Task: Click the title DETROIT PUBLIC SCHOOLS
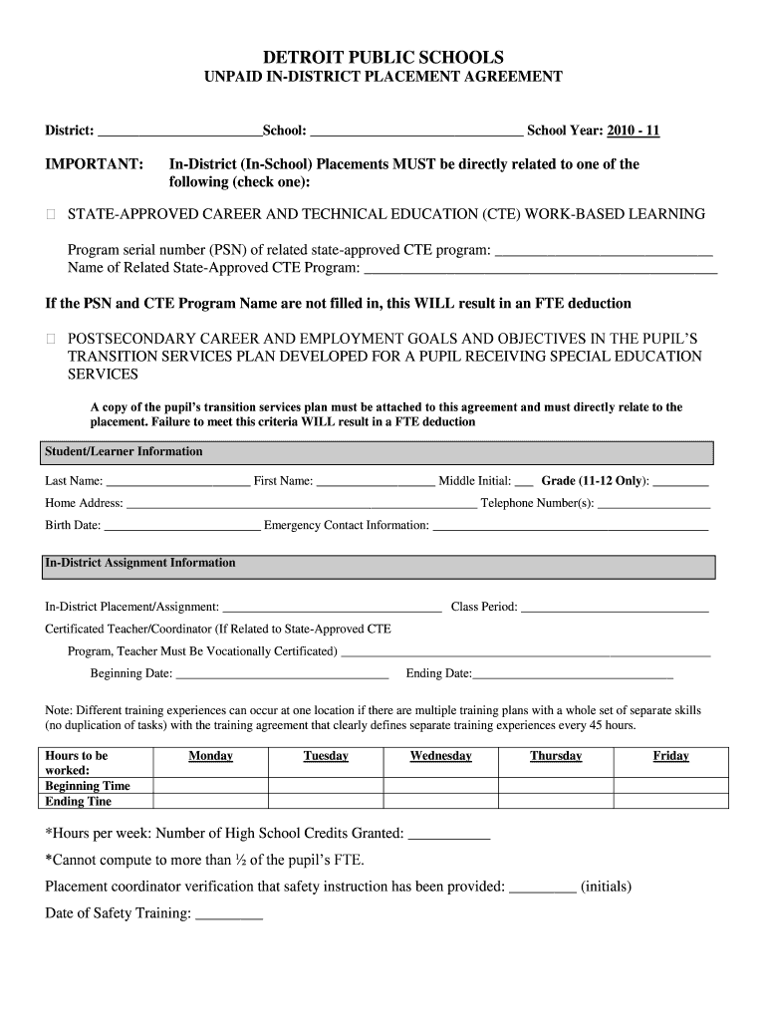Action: (x=383, y=58)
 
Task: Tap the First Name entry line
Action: (x=376, y=482)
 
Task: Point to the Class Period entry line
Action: (x=614, y=607)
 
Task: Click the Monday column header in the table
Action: (x=210, y=756)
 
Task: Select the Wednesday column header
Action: (x=440, y=756)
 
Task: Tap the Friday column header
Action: (x=670, y=756)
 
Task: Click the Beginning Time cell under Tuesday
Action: (x=326, y=786)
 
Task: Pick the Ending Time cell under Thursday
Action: (x=555, y=801)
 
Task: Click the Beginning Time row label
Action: (x=88, y=786)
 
